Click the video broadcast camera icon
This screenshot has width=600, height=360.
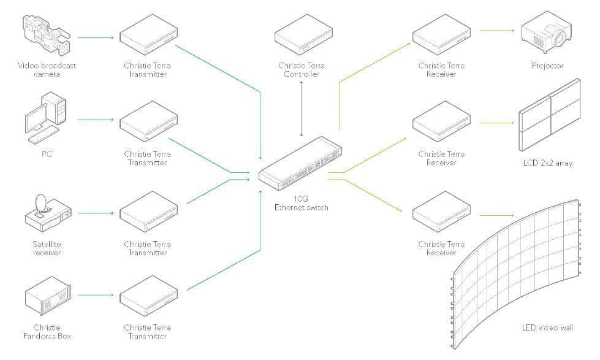click(x=46, y=34)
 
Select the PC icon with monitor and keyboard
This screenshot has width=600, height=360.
click(x=46, y=120)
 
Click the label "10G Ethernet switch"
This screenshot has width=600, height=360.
click(x=301, y=203)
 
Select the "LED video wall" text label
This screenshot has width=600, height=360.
click(x=547, y=329)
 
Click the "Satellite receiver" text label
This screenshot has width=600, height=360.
click(x=47, y=248)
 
